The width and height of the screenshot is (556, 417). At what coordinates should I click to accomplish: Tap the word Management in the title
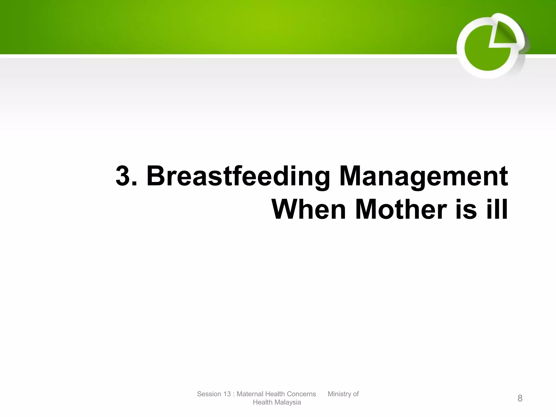click(x=424, y=176)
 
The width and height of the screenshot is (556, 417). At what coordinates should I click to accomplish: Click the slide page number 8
click(x=520, y=398)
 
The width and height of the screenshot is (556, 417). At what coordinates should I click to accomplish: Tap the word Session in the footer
click(x=208, y=394)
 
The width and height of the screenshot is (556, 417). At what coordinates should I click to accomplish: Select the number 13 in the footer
click(x=227, y=394)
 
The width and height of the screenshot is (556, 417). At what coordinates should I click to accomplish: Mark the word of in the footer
click(x=356, y=394)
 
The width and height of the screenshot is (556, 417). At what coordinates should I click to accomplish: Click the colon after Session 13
click(x=234, y=394)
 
